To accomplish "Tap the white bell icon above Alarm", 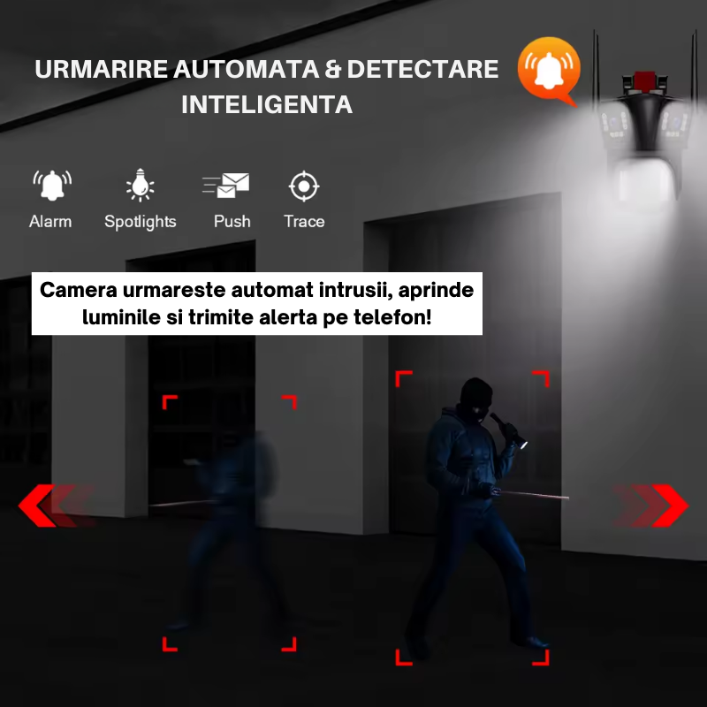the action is click(52, 186).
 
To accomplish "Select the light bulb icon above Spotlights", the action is click(141, 185).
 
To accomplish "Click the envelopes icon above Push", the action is click(226, 186).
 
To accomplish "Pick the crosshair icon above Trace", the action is click(304, 186).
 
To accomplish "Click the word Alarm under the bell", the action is click(50, 222).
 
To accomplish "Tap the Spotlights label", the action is click(141, 223).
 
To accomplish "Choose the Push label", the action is click(232, 222).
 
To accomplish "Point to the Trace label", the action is click(304, 222).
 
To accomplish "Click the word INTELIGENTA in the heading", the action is click(267, 104).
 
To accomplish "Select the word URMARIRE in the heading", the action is click(102, 69).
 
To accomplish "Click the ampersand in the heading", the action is click(333, 69).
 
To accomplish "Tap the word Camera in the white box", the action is click(79, 290).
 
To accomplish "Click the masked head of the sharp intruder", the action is click(475, 399).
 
